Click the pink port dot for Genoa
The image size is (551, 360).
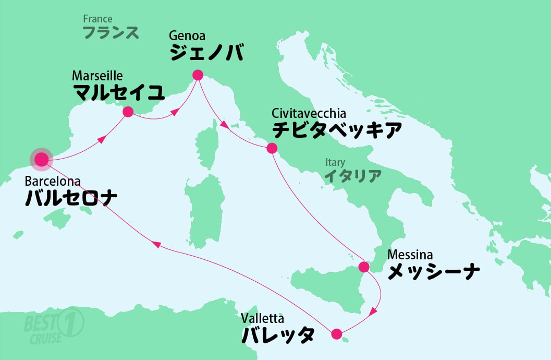pos(198,75)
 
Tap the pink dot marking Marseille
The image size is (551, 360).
pos(127,111)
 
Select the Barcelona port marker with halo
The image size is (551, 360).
pos(41,159)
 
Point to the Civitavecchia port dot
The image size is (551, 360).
pos(272,148)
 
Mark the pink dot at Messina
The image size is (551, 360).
pos(364,267)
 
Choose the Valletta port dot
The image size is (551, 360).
pos(336,333)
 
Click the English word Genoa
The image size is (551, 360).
pos(187,36)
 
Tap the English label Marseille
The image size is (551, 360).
pos(97,76)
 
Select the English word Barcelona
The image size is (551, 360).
pos(53,182)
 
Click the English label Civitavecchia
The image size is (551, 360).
pos(309,113)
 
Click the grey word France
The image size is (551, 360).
pos(97,19)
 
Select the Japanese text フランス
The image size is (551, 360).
pos(111,33)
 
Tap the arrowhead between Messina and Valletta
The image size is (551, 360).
pos(373,312)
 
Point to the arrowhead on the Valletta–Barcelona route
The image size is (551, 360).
pos(155,244)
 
